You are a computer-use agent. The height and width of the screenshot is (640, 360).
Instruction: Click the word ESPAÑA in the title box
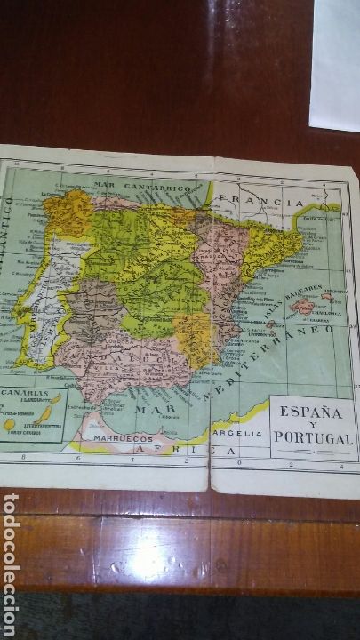[x=311, y=412]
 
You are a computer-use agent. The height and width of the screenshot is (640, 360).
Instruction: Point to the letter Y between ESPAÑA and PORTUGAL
[x=311, y=424]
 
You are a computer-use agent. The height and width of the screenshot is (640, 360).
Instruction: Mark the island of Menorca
[x=327, y=298]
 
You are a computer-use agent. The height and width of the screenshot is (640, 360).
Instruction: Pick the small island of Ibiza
[x=274, y=325]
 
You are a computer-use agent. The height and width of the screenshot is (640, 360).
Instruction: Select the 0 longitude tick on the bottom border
[x=239, y=463]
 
